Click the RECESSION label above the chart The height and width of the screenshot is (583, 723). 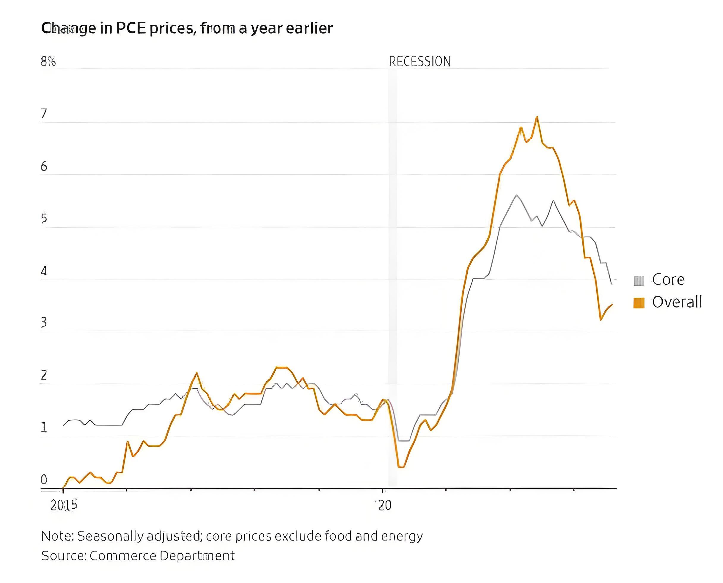[419, 62]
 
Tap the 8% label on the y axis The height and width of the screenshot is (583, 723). [48, 62]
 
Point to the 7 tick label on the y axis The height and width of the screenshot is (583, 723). [44, 114]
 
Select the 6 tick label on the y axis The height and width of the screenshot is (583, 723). [44, 167]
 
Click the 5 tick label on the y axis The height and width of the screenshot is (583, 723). [44, 219]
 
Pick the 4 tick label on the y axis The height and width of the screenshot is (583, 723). [44, 271]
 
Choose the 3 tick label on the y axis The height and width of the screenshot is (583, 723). [44, 322]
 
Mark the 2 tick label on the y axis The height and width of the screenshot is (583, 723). [44, 375]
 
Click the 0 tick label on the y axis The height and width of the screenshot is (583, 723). [44, 479]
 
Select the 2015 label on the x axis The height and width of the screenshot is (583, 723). [64, 505]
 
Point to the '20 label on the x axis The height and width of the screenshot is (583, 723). [383, 505]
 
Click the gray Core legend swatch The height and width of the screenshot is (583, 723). [639, 280]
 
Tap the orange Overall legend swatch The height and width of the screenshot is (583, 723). [639, 303]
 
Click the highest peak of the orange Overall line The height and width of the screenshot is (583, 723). [537, 117]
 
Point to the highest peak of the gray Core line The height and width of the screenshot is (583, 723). [517, 195]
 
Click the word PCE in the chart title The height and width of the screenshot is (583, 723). [131, 28]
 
